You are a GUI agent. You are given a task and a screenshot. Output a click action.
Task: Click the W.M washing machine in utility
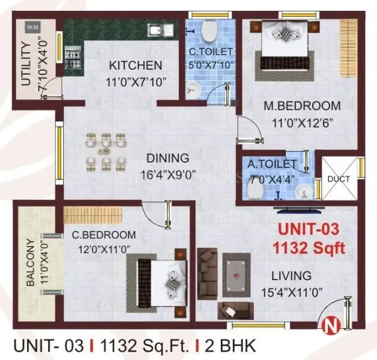31,28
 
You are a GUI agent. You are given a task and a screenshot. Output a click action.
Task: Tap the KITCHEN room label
135,65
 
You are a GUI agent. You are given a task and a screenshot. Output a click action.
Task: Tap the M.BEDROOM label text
303,106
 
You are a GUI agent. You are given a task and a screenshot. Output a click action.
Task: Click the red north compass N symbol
328,326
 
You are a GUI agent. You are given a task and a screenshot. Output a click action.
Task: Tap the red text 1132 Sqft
309,247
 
